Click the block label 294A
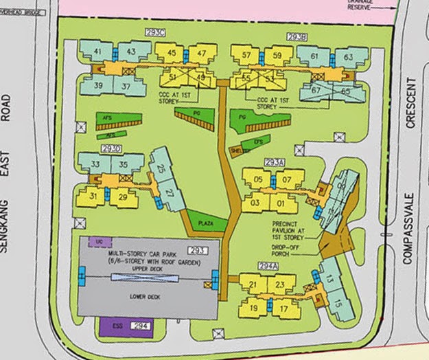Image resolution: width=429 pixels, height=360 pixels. coord(268,266)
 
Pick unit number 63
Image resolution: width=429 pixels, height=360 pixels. coord(348,56)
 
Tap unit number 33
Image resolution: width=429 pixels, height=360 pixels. coord(96,164)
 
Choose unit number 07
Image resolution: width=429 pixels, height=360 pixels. coord(288,181)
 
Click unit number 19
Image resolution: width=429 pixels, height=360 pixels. coord(253,309)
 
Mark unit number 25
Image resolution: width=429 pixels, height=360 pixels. coord(161,169)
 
